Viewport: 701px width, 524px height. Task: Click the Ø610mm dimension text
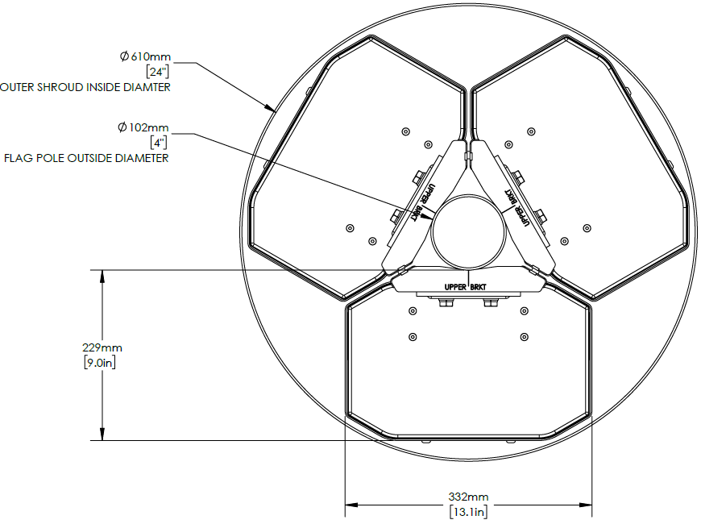pos(145,56)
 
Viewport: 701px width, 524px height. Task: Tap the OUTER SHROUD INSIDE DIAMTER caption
pos(85,87)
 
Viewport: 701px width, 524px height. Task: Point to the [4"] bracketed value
pos(159,143)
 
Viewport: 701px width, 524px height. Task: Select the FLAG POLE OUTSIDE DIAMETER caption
pos(86,158)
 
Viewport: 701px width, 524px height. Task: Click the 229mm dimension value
pos(102,347)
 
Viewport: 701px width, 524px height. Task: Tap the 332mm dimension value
pos(468,497)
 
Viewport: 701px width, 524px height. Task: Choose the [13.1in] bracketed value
pos(468,511)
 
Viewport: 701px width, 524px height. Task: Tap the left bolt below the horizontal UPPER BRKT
pos(445,303)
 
